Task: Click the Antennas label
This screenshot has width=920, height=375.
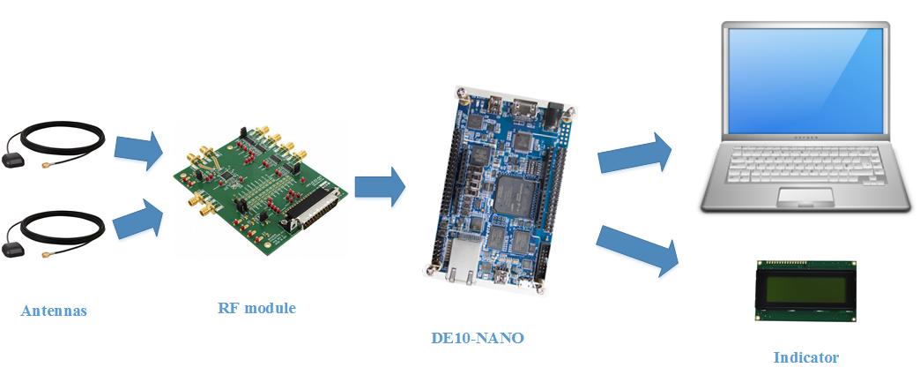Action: coord(54,311)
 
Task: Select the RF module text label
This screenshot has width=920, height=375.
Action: coord(256,308)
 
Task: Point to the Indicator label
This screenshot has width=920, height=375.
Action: coord(805,357)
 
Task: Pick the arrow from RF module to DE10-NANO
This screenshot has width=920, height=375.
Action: coord(380,187)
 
